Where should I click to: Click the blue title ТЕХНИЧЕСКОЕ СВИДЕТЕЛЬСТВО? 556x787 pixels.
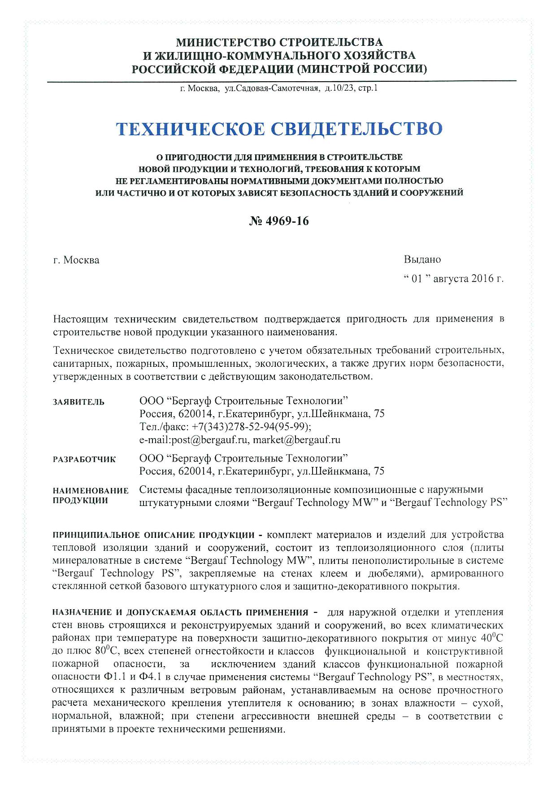click(x=279, y=129)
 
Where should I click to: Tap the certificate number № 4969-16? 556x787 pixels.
click(x=278, y=221)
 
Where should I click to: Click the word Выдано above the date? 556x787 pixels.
click(x=422, y=259)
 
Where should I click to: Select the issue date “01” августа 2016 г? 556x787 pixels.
click(x=454, y=279)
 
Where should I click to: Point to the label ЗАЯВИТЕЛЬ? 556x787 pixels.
click(x=78, y=402)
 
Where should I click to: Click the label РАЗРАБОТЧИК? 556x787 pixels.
click(x=84, y=459)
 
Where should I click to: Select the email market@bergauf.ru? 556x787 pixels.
click(x=296, y=440)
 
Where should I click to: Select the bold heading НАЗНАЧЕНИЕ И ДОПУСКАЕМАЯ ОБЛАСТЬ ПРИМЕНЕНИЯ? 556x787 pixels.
click(x=180, y=612)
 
